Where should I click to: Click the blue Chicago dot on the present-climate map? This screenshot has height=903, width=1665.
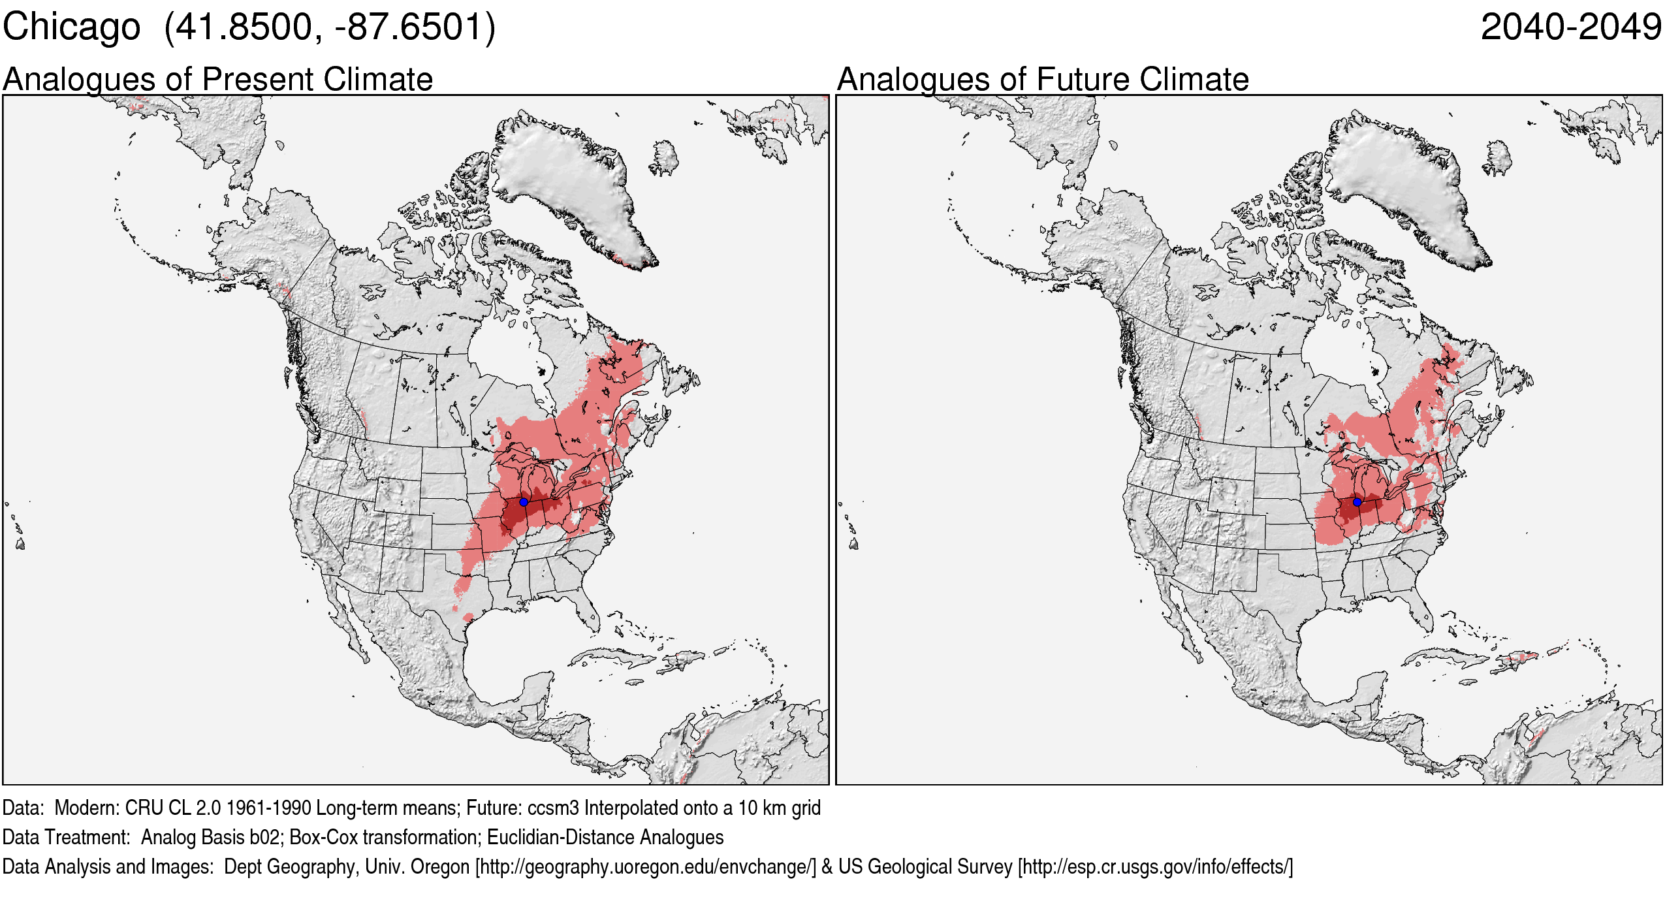tap(524, 502)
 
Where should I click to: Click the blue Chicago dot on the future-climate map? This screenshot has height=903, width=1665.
tap(1357, 502)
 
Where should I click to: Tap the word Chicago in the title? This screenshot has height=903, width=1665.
tap(71, 27)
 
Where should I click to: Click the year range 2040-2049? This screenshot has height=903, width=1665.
tap(1571, 27)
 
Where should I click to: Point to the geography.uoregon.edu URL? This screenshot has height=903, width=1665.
tap(645, 867)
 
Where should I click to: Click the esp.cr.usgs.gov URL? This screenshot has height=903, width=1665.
tap(1154, 867)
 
